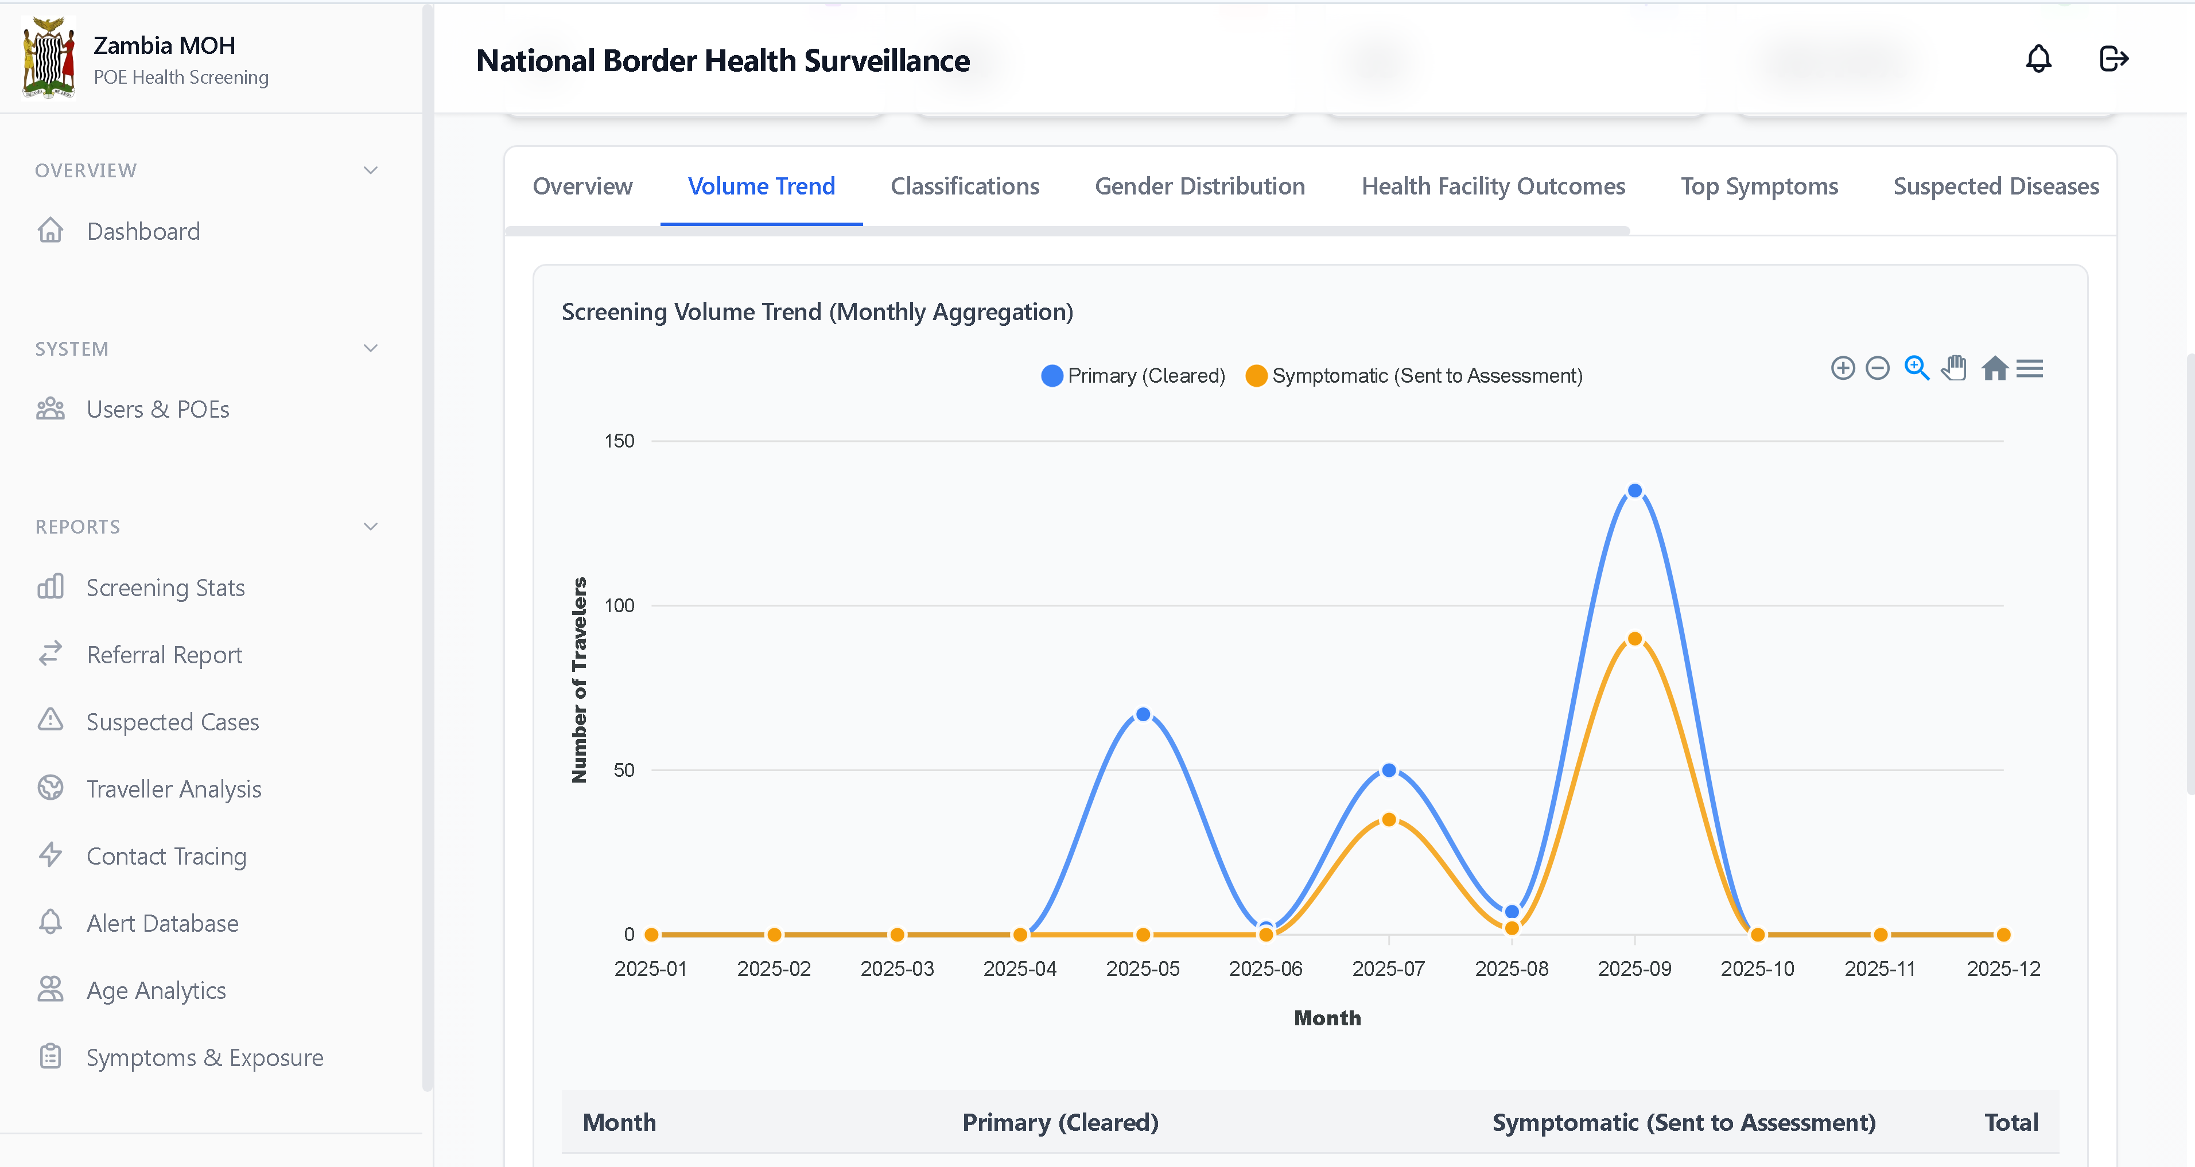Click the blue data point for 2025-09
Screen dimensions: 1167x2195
coord(1634,491)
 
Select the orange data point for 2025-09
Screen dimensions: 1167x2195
coord(1634,639)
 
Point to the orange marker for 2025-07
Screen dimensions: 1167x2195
coord(1389,819)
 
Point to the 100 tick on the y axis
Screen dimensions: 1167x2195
coord(619,606)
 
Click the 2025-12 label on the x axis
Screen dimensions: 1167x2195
coord(2003,968)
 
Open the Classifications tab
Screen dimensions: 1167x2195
coord(965,186)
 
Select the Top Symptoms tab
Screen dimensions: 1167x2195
coord(1759,186)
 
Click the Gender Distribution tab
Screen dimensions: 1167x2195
coord(1199,186)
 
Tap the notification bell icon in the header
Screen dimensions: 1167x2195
coord(2038,59)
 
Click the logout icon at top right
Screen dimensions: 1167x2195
coord(2114,59)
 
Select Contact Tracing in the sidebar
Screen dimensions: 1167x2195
coord(166,856)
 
